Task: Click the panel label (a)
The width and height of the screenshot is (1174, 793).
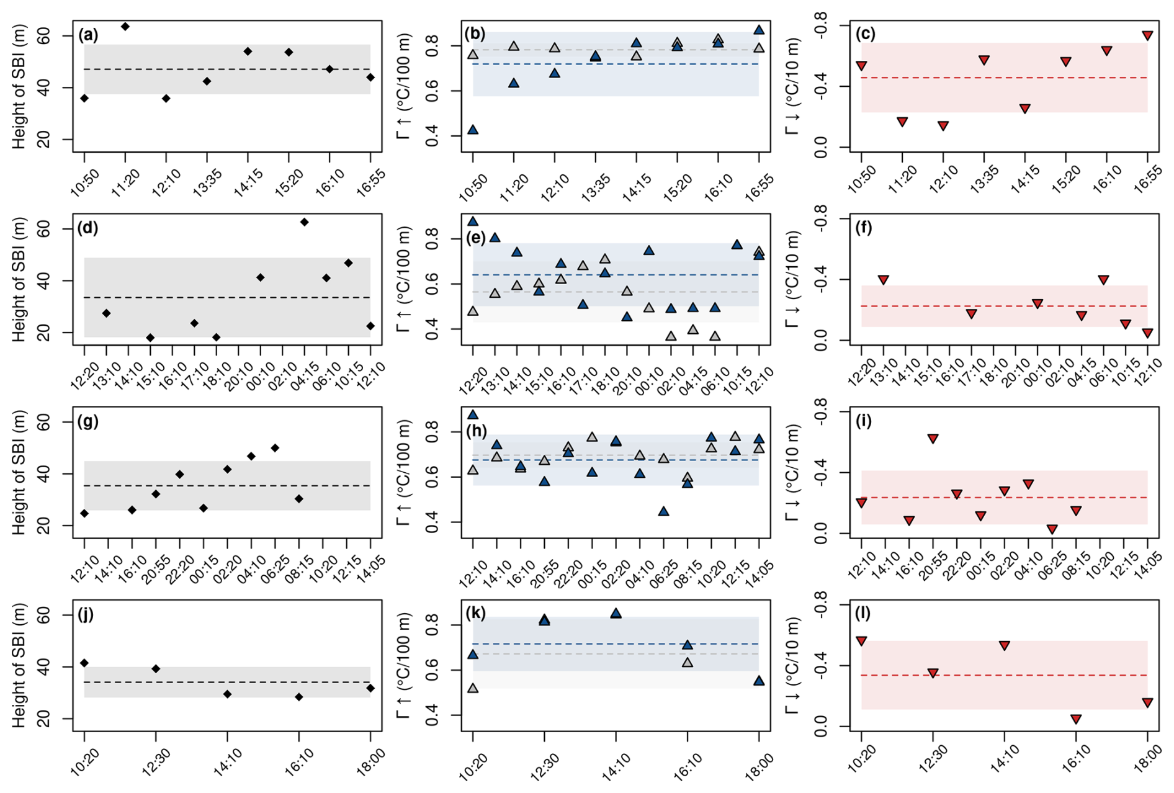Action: pos(88,35)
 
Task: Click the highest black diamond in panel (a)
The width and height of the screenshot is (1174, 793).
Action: pos(125,27)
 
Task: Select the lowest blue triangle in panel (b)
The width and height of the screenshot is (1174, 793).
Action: pos(473,130)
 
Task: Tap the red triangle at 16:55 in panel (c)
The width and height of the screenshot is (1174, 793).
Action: pos(1147,36)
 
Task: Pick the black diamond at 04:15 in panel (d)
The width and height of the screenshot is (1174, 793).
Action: pos(304,222)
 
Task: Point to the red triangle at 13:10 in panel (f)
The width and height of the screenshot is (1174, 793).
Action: pos(884,280)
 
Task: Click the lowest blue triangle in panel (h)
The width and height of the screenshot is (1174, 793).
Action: pos(663,511)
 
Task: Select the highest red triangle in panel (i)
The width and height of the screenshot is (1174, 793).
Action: pos(933,439)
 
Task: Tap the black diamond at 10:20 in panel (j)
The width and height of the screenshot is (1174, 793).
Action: pos(84,663)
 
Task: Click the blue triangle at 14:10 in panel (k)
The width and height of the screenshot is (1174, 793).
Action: pos(616,613)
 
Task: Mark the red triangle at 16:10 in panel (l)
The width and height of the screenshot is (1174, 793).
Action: pos(1076,719)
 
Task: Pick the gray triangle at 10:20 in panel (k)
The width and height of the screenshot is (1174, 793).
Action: pos(473,688)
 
